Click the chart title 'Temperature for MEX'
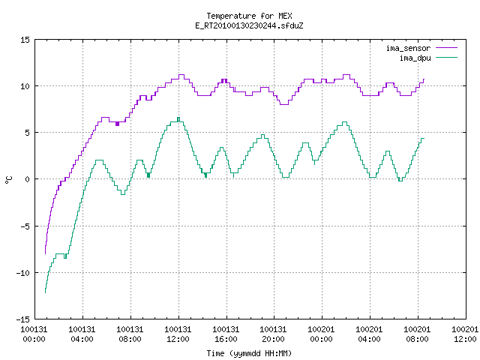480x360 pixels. (x=249, y=16)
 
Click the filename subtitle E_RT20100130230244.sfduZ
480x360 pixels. (x=249, y=25)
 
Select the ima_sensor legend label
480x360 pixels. (x=408, y=48)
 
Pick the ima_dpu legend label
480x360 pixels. (x=415, y=58)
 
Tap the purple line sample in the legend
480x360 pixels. (x=447, y=48)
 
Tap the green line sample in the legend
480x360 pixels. (x=447, y=58)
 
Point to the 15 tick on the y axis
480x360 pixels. (x=25, y=40)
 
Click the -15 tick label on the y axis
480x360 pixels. (x=23, y=319)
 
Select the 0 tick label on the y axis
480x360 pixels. (x=28, y=179)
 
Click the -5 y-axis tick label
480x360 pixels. (x=25, y=226)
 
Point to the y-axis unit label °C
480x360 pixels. (x=9, y=180)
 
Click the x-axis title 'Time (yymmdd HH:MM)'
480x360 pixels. (x=249, y=353)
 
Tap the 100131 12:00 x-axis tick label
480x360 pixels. (x=178, y=334)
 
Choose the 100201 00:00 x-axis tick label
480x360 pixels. (x=321, y=334)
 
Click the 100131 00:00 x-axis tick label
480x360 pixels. (x=34, y=334)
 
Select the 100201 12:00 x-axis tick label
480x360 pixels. (x=465, y=334)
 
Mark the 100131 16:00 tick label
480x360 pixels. (x=226, y=334)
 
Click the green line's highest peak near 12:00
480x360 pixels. (x=178, y=118)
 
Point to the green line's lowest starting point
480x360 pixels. (x=45, y=293)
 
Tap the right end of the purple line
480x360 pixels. (x=424, y=79)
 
